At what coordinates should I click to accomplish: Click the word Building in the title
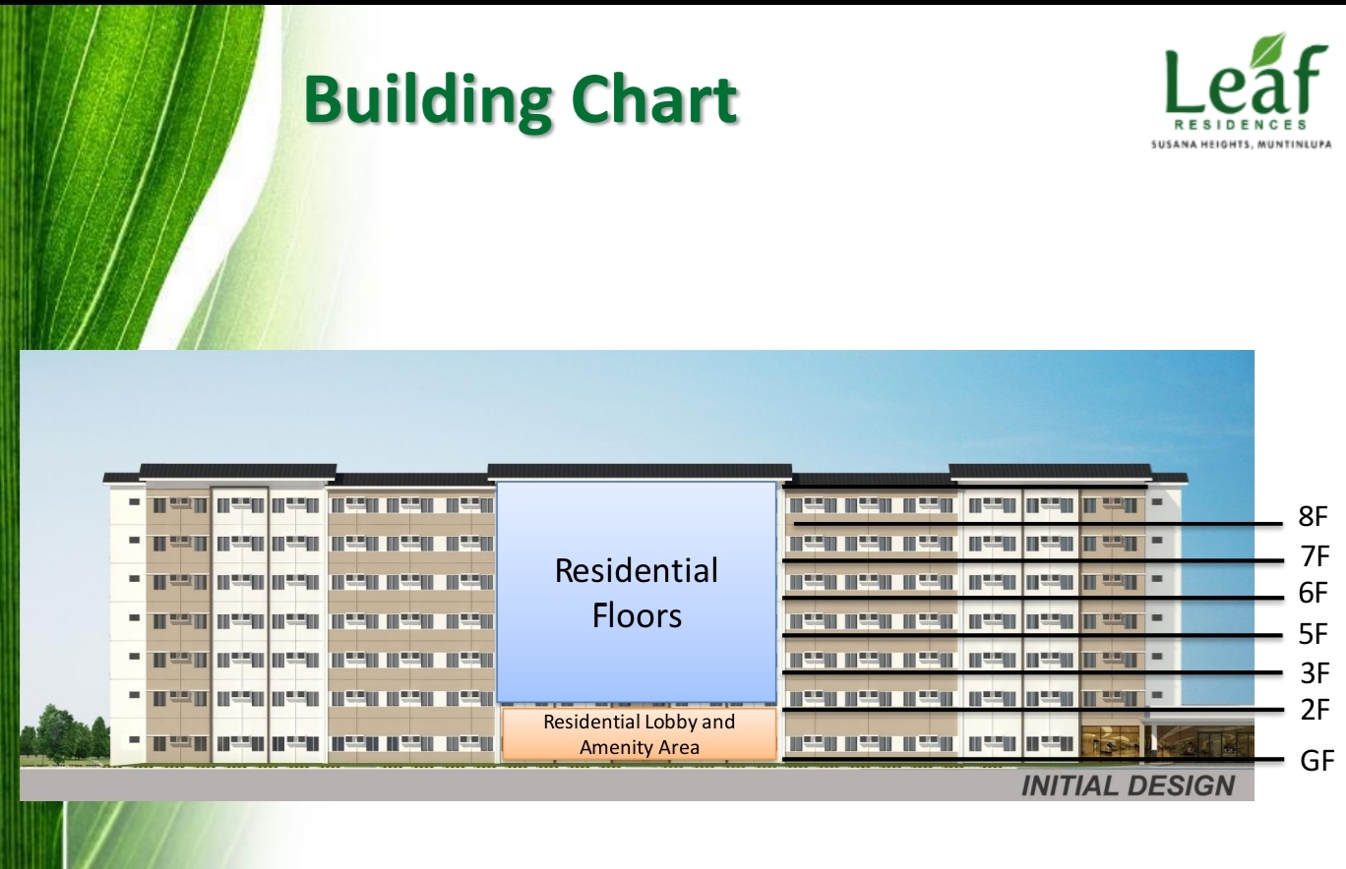click(x=427, y=99)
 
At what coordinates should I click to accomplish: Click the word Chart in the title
click(x=653, y=98)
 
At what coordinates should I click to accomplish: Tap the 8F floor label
click(x=1313, y=516)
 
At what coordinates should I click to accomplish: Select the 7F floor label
click(x=1315, y=556)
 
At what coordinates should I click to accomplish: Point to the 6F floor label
click(x=1313, y=593)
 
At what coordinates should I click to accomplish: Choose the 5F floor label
click(x=1313, y=634)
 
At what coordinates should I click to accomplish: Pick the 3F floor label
click(x=1315, y=673)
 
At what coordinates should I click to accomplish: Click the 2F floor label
click(x=1315, y=710)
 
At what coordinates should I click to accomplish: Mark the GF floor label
click(x=1316, y=760)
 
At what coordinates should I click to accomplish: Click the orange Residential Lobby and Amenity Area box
click(x=639, y=734)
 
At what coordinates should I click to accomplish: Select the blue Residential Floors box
click(x=637, y=592)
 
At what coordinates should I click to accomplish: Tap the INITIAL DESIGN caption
click(x=1128, y=785)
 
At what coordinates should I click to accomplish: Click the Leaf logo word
click(x=1246, y=78)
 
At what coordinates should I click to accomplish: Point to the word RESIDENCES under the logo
click(x=1241, y=125)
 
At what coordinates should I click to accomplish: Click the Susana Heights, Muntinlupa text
click(x=1241, y=145)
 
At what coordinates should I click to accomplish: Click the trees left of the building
click(x=65, y=735)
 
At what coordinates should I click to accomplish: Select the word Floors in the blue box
click(x=637, y=615)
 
